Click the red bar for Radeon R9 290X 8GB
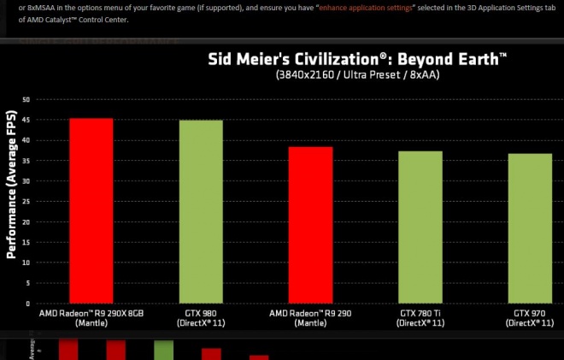pos(91,210)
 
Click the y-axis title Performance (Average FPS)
pos(12,184)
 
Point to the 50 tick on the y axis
pos(26,99)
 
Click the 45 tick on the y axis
pos(26,120)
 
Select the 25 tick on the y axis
pos(26,202)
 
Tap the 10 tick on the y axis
pos(26,263)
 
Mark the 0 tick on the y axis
pos(27,304)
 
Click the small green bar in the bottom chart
pos(163,351)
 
